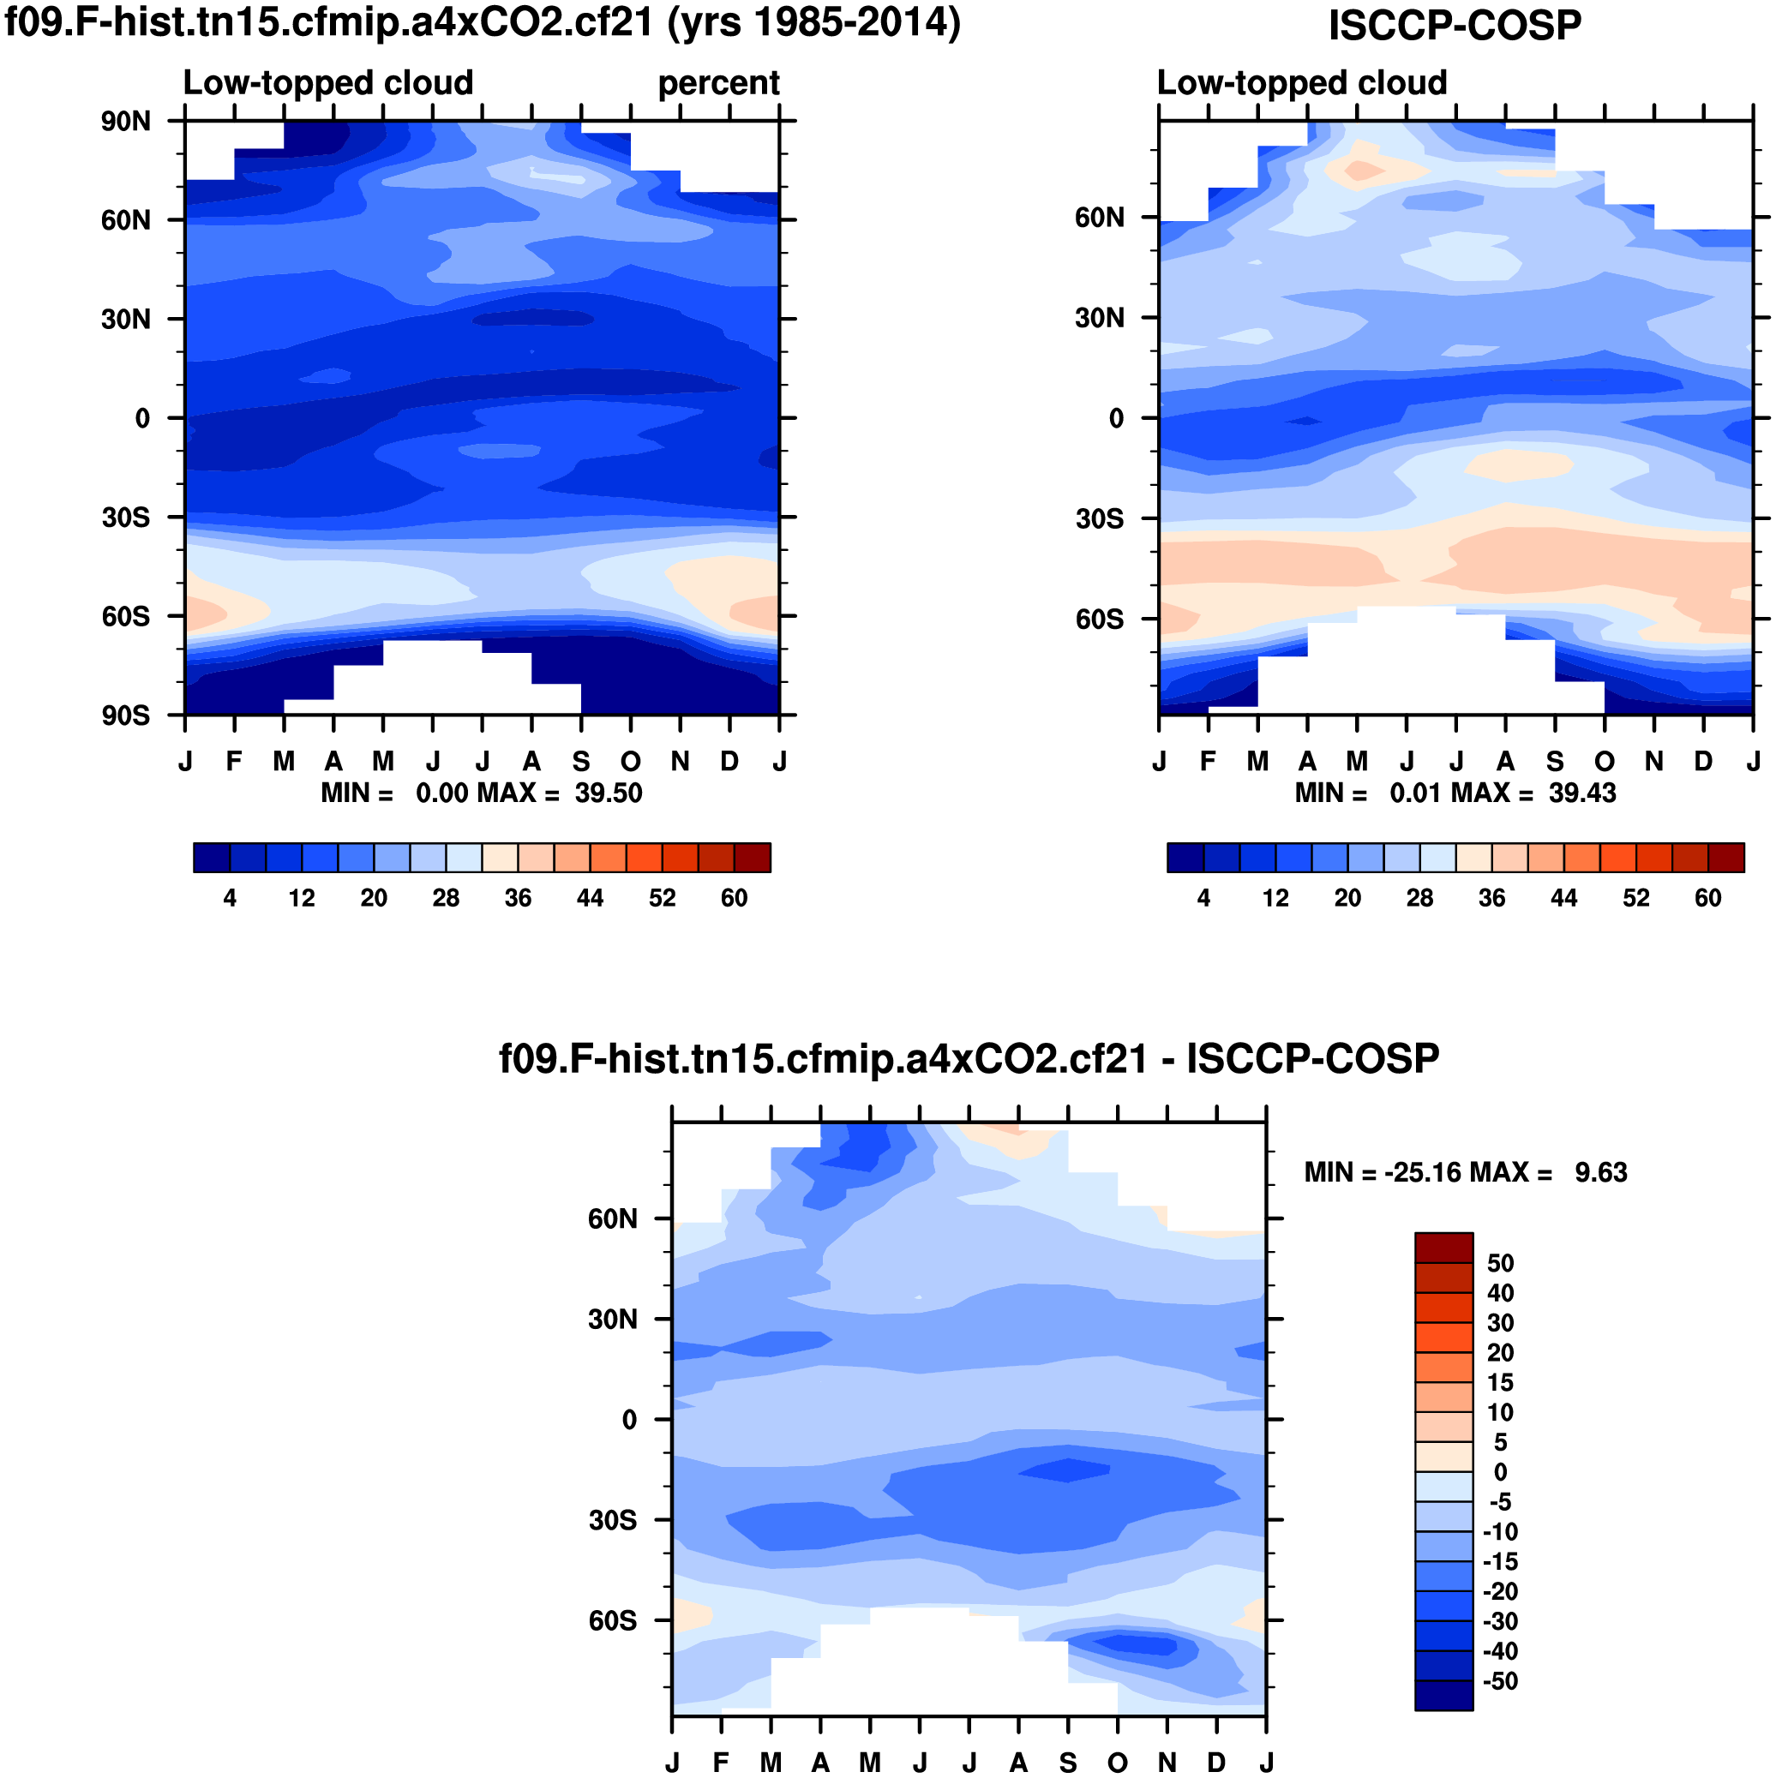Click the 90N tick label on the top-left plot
126,122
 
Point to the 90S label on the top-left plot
126,716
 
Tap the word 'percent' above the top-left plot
718,84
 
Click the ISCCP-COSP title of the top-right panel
1454,26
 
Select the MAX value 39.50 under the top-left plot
609,793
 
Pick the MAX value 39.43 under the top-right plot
1581,793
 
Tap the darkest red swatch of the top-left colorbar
753,858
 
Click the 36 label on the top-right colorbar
1491,898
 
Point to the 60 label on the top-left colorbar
734,898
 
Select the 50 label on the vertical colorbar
1500,1264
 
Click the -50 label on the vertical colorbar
1500,1681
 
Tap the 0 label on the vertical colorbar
1500,1472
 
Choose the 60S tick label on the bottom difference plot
612,1620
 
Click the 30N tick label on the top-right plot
1100,319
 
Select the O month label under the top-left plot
630,762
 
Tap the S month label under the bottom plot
1068,1763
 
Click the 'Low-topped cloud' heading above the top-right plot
1301,84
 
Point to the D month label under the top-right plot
1703,762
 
